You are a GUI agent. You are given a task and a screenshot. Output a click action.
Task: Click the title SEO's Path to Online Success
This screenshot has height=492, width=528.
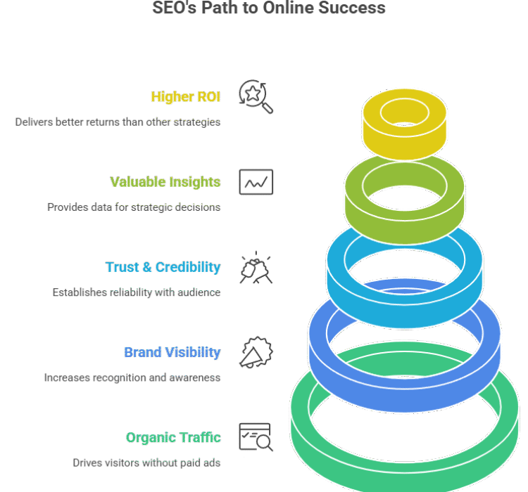269,8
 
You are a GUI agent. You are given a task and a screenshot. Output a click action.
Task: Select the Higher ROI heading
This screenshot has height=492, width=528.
186,96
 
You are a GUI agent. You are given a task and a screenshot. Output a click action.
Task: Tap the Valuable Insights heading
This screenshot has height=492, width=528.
165,182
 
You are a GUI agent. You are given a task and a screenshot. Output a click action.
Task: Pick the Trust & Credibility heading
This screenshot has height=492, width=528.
163,267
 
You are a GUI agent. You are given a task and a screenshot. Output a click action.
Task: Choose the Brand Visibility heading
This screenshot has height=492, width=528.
172,352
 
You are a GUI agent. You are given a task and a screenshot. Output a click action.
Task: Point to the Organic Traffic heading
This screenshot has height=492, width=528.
173,438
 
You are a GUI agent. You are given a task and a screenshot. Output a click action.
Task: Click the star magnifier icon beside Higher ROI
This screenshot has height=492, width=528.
256,97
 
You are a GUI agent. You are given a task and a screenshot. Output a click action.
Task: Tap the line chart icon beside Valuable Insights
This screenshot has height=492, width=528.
256,182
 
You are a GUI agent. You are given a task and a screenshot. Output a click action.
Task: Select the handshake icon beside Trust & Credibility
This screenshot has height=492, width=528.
256,268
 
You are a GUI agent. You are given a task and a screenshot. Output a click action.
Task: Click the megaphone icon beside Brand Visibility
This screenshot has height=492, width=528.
256,353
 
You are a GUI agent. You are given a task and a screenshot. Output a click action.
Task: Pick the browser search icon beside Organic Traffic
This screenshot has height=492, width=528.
256,437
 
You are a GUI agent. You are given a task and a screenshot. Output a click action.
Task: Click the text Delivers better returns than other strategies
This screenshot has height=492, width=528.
118,122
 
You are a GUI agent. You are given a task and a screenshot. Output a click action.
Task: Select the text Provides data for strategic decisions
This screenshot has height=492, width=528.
134,207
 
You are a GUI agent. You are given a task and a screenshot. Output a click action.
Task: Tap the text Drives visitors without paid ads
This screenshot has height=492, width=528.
146,462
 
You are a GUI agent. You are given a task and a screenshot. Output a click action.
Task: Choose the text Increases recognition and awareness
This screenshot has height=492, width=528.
132,377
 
